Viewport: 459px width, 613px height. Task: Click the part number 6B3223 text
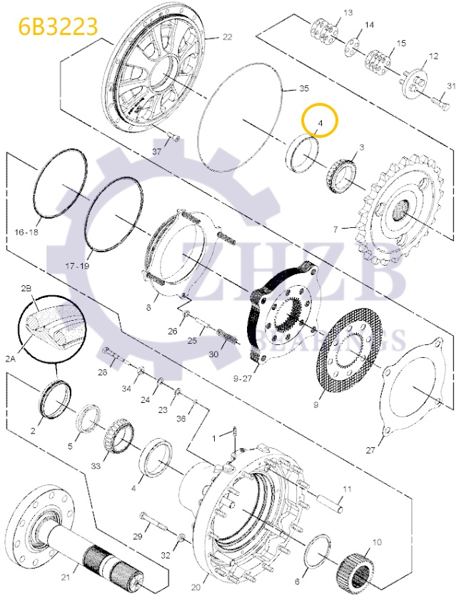49,26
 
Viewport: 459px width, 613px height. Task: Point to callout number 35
303,88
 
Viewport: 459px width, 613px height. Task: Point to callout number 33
95,465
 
